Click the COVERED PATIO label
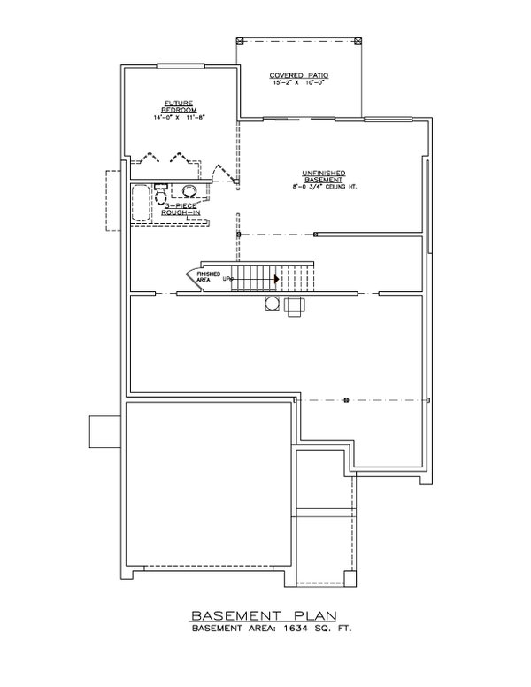299,76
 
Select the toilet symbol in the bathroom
162,197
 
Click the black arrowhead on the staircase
277,279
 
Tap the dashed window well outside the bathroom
113,200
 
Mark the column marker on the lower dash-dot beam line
346,399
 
